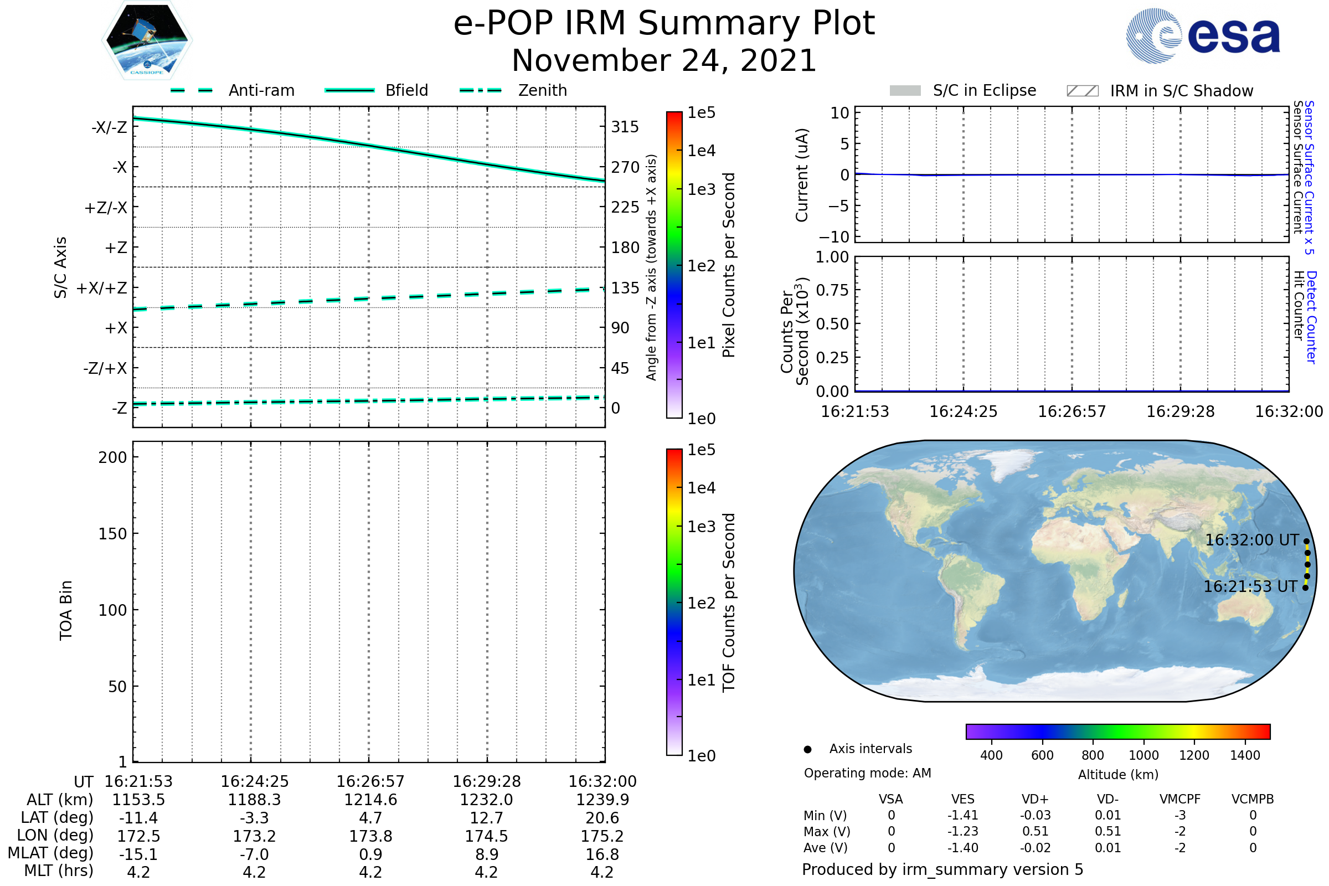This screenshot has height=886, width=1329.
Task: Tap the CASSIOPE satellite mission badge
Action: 147,40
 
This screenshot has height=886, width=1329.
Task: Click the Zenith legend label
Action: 542,90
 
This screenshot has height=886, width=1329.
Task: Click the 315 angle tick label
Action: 625,127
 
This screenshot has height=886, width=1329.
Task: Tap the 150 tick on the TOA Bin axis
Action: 112,534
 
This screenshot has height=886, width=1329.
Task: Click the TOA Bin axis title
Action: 65,610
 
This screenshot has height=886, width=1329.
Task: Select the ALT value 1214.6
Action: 370,800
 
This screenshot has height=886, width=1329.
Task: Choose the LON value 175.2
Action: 602,836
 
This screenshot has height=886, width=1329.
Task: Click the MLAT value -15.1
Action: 138,854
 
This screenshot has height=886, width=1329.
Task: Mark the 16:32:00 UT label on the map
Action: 1252,540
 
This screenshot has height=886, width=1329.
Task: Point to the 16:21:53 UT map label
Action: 1250,586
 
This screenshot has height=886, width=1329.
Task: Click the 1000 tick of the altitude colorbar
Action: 1143,755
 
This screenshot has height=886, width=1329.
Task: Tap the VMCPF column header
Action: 1180,799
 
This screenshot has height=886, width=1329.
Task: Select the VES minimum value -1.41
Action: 963,815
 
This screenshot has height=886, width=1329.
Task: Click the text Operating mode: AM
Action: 867,773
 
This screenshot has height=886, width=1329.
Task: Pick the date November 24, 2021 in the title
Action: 664,61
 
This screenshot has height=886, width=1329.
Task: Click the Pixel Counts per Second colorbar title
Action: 729,265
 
